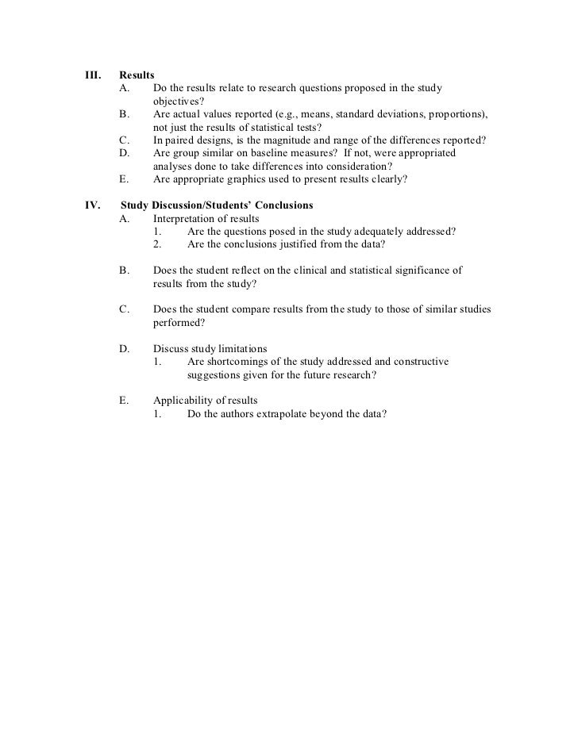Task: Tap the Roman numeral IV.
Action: [x=92, y=205]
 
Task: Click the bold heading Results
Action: [x=137, y=74]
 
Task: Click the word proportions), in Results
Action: [x=458, y=114]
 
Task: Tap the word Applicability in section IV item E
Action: [x=182, y=401]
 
